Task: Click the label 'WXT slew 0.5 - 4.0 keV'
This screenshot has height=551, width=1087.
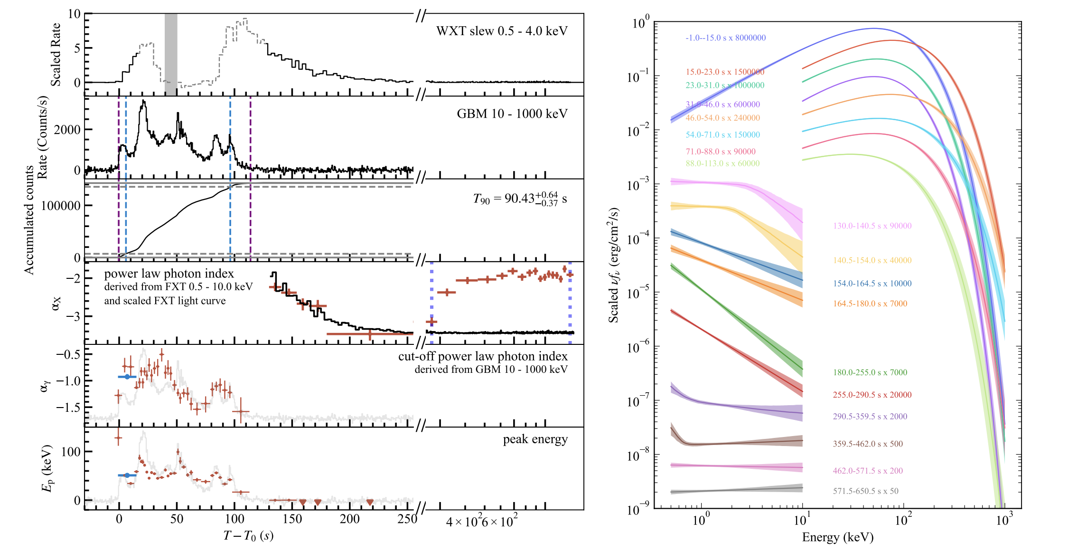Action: pos(502,31)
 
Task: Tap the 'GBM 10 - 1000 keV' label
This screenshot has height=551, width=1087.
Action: pos(512,114)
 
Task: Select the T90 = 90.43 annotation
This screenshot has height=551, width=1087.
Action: pos(519,199)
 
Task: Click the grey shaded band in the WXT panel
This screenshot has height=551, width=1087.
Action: pos(171,52)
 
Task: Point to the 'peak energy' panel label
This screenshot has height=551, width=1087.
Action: pos(535,439)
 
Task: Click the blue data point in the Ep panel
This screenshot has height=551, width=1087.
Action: pos(127,475)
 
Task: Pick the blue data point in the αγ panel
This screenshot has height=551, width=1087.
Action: pos(127,377)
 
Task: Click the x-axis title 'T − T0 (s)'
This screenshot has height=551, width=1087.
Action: pos(248,536)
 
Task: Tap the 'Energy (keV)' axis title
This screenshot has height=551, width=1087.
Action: pos(838,537)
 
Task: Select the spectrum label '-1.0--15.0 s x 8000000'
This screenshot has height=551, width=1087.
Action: pos(725,38)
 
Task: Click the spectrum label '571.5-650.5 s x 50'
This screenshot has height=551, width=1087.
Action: pos(865,491)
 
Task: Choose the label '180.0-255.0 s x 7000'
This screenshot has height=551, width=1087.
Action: pos(870,372)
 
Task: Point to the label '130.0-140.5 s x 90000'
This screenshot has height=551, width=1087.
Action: pos(872,226)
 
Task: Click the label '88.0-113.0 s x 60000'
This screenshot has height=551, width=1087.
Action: pos(722,163)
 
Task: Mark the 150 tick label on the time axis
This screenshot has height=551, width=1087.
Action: pos(292,519)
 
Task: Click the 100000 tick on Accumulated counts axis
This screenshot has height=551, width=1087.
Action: pos(61,206)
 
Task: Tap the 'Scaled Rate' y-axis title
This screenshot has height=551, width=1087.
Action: pos(56,55)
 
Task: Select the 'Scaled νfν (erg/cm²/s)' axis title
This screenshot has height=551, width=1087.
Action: pos(613,265)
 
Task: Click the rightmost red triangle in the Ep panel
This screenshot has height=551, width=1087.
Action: pos(370,502)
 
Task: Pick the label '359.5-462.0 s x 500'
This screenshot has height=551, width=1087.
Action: pos(868,444)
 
